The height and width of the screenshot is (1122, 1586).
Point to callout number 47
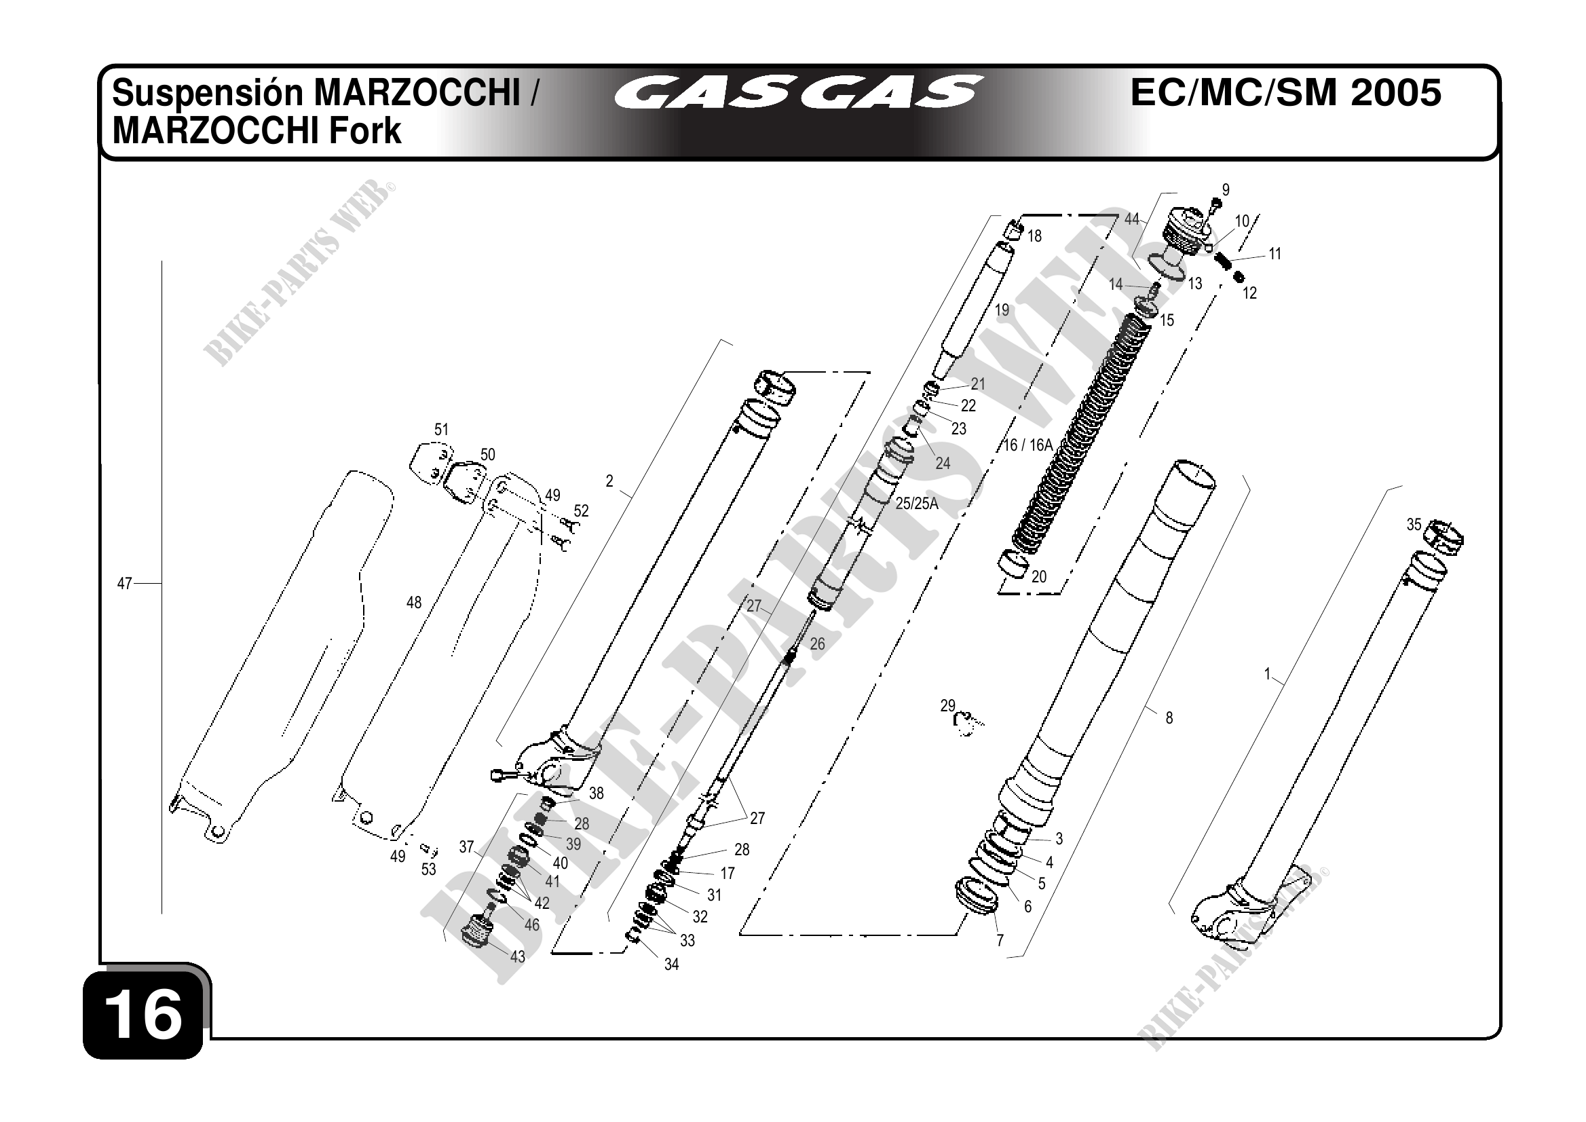[x=124, y=584]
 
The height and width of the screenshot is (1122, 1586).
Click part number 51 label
[x=441, y=430]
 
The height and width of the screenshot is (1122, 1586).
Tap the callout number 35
[x=1414, y=525]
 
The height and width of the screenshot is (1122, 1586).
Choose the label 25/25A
[x=917, y=504]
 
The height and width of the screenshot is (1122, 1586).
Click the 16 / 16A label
[x=1028, y=446]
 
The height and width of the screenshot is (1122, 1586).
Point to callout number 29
[x=947, y=705]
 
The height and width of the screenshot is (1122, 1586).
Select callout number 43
[x=517, y=956]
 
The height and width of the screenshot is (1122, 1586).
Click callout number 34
[x=671, y=965]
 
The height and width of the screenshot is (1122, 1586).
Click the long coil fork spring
[x=1081, y=432]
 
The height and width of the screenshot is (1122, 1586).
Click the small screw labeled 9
[x=1216, y=204]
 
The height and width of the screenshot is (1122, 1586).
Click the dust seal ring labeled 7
[x=975, y=895]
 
